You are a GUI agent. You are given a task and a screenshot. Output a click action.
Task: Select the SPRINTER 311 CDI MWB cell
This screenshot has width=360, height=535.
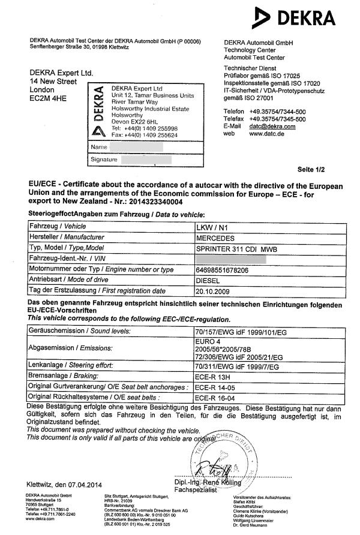pyautogui.click(x=238, y=248)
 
